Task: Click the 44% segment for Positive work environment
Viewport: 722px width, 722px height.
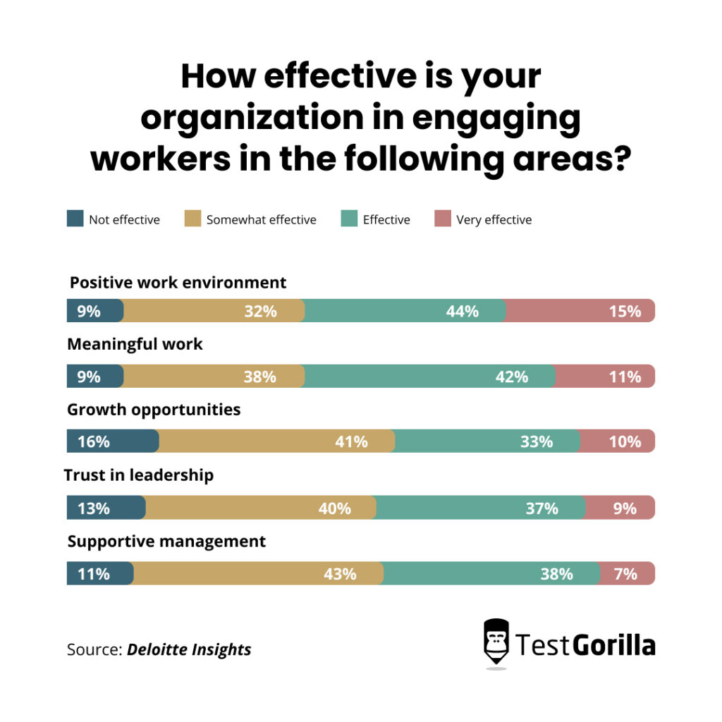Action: (405, 311)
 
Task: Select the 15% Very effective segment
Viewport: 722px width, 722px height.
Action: (580, 311)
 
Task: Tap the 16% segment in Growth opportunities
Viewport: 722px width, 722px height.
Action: (113, 442)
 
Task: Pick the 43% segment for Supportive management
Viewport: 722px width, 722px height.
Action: (258, 574)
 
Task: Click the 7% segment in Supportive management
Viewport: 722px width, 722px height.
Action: (626, 574)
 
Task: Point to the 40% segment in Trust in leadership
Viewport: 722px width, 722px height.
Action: (261, 508)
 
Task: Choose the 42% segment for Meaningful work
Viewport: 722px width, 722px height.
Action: (429, 377)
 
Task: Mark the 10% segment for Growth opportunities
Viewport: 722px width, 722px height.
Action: (617, 442)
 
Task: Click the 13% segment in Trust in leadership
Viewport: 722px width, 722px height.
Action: (106, 508)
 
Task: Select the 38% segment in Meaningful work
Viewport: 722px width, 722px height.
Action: (214, 377)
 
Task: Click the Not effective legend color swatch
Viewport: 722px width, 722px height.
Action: (75, 219)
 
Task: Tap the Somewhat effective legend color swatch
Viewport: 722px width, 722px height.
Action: (192, 219)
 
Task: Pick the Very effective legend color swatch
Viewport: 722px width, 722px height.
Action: (443, 219)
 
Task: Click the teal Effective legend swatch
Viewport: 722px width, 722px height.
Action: (349, 219)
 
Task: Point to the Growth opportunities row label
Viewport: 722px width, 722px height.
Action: (154, 410)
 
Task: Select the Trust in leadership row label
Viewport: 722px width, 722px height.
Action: (139, 475)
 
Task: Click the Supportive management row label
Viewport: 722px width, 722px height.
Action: (166, 541)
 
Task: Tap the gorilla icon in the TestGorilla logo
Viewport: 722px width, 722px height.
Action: (496, 642)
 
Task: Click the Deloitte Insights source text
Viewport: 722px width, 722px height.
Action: (189, 649)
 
